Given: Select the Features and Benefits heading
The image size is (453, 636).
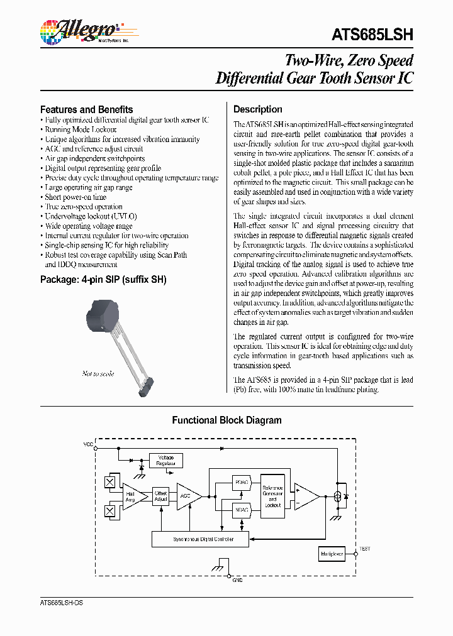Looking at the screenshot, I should tap(86, 109).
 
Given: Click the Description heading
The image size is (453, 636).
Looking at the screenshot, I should tap(258, 109).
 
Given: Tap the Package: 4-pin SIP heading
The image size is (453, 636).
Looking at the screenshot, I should tap(103, 280).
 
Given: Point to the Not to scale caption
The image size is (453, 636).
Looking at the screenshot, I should tap(98, 374).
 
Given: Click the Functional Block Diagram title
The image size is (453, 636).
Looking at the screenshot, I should tap(226, 420).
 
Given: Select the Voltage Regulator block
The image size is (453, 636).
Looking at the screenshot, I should tap(166, 461).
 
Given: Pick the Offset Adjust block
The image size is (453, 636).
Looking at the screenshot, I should tap(161, 496).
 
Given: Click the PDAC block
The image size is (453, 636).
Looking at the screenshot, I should tap(242, 483).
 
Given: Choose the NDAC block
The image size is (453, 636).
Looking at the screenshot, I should tap(242, 510).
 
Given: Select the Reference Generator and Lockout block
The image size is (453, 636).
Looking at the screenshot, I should tap(272, 496).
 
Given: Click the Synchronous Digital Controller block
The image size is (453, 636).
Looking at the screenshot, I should tap(200, 539).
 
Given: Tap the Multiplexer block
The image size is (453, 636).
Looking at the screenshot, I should tap(332, 554).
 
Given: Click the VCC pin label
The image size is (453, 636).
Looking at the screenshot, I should tap(88, 444).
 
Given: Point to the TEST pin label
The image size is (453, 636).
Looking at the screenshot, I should tap(365, 549).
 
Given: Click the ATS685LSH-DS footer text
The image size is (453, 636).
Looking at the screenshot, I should tap(62, 603).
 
